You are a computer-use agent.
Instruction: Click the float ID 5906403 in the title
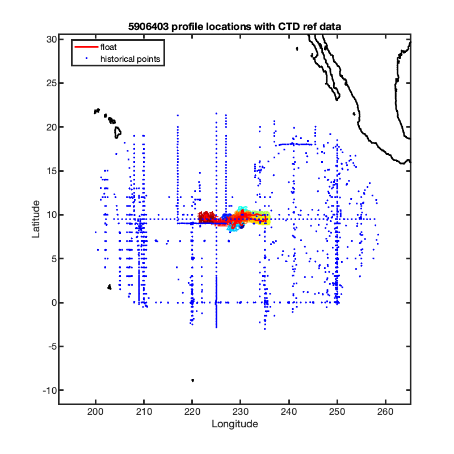(x=148, y=27)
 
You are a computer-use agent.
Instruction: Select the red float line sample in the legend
(x=86, y=47)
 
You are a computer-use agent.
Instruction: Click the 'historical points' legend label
(x=130, y=59)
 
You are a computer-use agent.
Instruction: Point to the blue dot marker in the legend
(x=86, y=59)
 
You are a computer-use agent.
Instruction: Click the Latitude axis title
(x=36, y=219)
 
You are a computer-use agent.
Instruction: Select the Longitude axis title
(x=235, y=424)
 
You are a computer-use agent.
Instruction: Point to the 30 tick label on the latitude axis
(x=51, y=39)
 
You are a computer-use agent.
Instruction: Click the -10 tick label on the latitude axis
(x=50, y=390)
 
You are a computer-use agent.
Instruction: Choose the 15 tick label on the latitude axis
(x=51, y=171)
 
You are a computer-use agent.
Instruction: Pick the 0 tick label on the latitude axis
(x=54, y=303)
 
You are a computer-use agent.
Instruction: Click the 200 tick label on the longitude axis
(x=95, y=411)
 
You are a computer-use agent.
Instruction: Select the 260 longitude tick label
(x=385, y=411)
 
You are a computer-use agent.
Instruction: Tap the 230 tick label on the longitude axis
(x=240, y=411)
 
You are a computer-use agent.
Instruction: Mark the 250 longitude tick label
(x=337, y=411)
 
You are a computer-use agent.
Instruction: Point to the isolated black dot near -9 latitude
(x=192, y=380)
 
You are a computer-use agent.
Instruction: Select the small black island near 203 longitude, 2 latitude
(x=110, y=287)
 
